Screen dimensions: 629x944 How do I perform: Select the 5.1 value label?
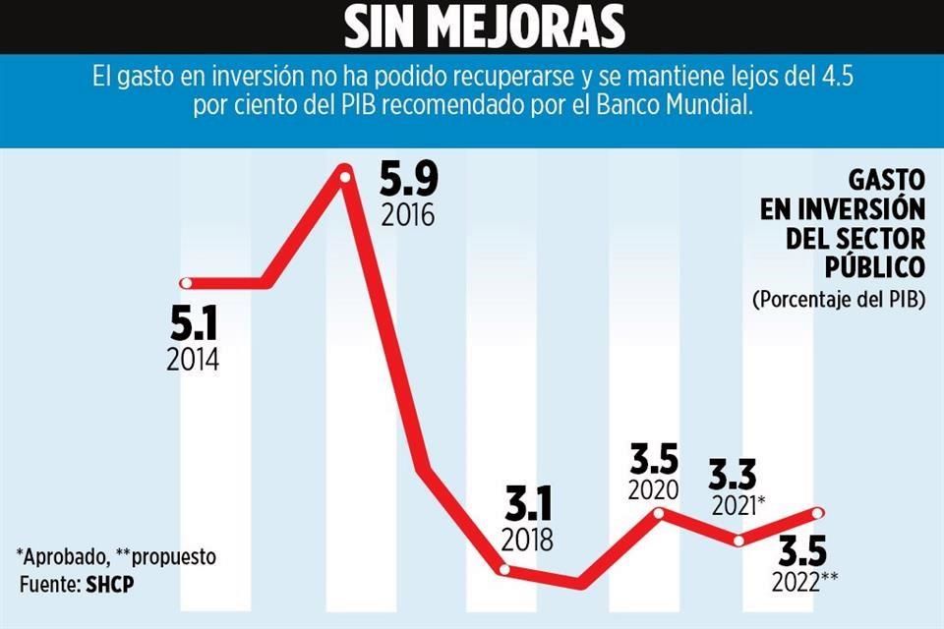point(192,322)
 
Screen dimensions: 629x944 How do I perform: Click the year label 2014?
point(193,359)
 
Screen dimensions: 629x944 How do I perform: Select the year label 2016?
point(407,215)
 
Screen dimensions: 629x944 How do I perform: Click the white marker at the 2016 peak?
point(345,174)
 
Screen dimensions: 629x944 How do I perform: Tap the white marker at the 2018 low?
point(504,569)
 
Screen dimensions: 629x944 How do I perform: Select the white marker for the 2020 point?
point(660,512)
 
